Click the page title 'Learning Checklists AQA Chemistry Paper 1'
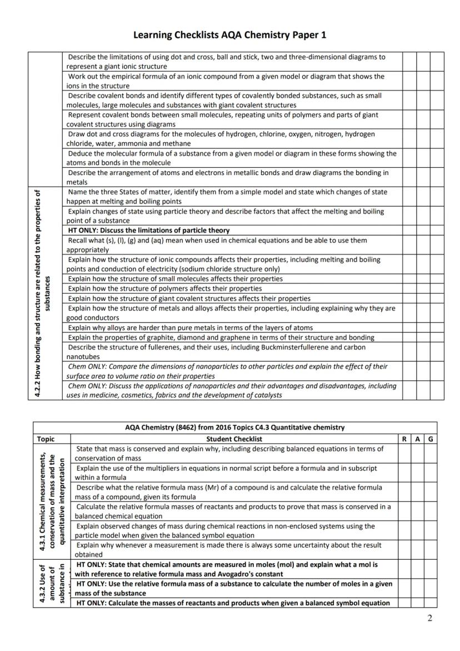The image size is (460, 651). (229, 35)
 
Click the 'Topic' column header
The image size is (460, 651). (46, 439)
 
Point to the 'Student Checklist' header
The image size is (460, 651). (234, 439)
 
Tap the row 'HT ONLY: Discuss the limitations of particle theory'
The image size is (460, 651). (148, 230)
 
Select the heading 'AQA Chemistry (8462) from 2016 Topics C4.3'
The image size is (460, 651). (234, 428)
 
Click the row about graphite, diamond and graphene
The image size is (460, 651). (221, 337)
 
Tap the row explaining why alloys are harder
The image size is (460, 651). (190, 327)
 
